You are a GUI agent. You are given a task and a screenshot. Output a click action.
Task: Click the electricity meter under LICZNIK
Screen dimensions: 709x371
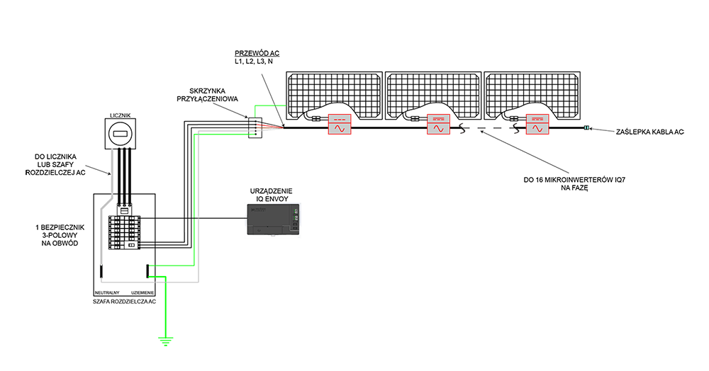tap(121, 134)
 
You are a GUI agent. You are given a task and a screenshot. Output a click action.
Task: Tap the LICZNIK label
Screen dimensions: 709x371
tap(121, 115)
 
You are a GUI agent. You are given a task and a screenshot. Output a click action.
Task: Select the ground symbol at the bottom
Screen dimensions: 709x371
tap(166, 341)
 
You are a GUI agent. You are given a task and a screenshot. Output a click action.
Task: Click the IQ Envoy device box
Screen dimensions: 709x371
tap(273, 219)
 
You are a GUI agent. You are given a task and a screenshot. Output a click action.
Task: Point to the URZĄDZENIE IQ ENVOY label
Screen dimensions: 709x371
tap(272, 195)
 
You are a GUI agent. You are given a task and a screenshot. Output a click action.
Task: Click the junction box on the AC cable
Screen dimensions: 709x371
tap(255, 127)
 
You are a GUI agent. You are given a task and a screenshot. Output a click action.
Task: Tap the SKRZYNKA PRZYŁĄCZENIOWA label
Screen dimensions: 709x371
tap(208, 95)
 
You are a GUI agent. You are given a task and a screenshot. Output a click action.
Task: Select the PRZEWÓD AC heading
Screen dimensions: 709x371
tap(257, 53)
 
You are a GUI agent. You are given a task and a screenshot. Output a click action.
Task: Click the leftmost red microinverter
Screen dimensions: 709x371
tap(340, 124)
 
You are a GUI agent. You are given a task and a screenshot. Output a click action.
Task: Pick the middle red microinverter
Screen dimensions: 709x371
tap(438, 124)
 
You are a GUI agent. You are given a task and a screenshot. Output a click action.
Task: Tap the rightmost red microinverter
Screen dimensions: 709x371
tap(537, 124)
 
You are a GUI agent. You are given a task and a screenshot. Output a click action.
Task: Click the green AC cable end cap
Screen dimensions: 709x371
tap(586, 128)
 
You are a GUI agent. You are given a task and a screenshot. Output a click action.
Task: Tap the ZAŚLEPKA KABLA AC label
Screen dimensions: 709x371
tap(650, 132)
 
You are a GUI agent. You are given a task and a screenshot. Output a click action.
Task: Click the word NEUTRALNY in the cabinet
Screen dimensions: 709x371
tap(107, 293)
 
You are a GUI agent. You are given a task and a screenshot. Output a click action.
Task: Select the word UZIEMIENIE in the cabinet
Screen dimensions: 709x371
tap(143, 293)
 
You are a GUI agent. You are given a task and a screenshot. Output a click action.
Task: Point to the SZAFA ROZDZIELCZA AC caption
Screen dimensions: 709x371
tap(124, 302)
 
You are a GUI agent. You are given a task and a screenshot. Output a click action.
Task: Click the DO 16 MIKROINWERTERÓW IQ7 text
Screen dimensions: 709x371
tap(574, 180)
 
